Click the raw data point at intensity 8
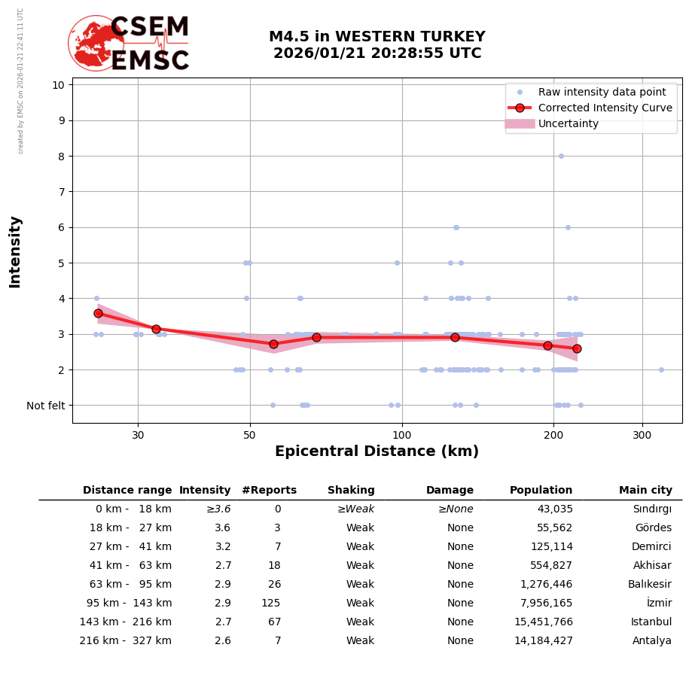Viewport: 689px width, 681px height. [x=561, y=156]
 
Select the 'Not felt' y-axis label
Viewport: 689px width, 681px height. [x=46, y=406]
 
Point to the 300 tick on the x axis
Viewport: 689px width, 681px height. [x=642, y=435]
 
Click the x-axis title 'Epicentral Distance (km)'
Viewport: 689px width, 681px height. [x=377, y=451]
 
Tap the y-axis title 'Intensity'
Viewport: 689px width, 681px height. [x=15, y=251]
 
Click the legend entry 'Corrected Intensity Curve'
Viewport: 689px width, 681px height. [x=605, y=108]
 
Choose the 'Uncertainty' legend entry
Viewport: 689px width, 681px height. [x=569, y=123]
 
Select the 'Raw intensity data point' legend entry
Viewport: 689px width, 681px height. [x=602, y=92]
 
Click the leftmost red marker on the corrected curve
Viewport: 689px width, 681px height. [x=98, y=313]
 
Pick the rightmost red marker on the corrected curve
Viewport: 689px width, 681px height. [x=577, y=348]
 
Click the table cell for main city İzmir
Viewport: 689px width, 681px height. [x=659, y=603]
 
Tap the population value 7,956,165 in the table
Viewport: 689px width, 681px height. [x=541, y=603]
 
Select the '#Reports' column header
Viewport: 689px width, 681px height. [x=270, y=491]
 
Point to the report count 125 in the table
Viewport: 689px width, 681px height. [x=270, y=603]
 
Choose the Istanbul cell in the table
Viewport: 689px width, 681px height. [x=651, y=622]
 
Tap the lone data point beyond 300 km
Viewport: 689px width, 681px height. [x=661, y=369]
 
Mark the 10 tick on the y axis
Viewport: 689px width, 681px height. [x=58, y=84]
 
